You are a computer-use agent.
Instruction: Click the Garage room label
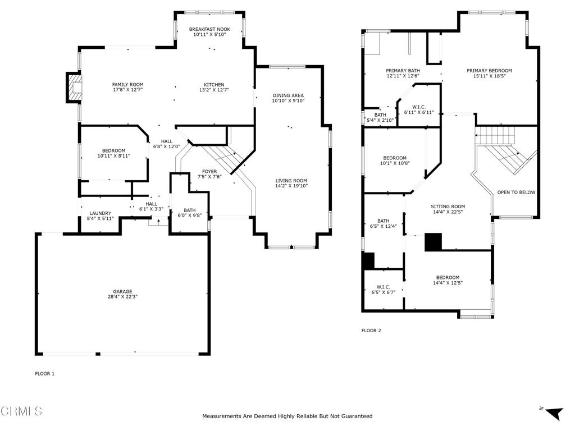[122, 292]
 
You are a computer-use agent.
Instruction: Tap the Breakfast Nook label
[209, 29]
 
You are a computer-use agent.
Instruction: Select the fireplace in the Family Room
[74, 88]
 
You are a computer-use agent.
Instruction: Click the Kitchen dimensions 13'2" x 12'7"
[214, 90]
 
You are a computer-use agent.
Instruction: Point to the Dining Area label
[288, 95]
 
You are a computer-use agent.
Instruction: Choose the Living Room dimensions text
[291, 186]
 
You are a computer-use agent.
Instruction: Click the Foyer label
[209, 172]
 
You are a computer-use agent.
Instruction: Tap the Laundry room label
[100, 213]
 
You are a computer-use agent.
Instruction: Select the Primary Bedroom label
[489, 71]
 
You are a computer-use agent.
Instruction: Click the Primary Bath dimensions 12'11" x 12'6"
[403, 76]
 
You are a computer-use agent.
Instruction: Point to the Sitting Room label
[448, 207]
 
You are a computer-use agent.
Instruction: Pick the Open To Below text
[516, 192]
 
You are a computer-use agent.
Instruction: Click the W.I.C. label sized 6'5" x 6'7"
[383, 287]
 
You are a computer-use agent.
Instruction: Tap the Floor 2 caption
[371, 331]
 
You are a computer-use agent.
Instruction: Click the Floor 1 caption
[45, 374]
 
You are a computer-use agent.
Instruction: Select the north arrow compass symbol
[553, 412]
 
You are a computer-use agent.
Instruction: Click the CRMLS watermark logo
[21, 411]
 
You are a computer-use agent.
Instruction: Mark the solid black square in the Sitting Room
[433, 242]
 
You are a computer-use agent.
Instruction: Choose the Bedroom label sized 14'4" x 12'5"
[448, 278]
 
